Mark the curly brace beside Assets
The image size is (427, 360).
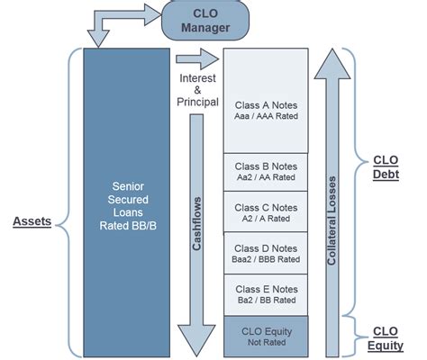65,202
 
